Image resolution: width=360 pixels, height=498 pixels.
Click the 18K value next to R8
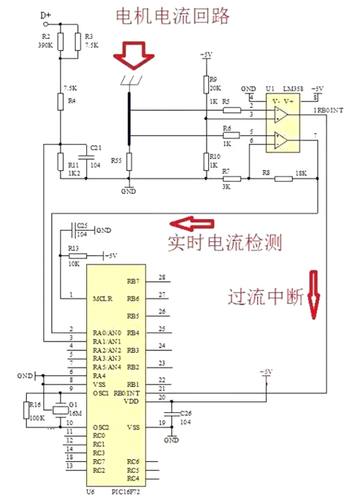(302, 174)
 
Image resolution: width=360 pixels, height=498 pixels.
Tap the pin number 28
(162, 277)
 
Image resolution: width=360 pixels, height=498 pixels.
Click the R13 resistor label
(73, 247)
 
